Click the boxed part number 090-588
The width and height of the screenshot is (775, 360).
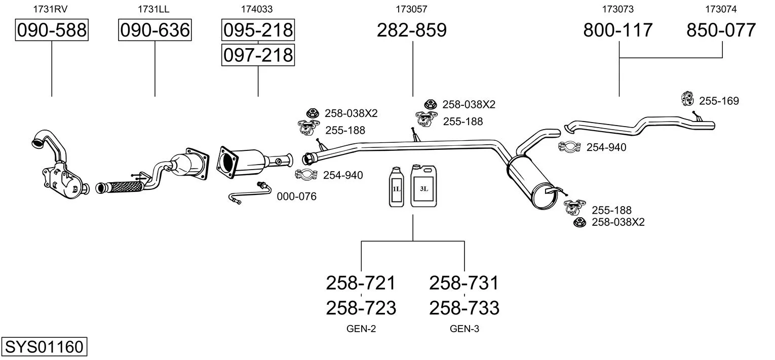52,30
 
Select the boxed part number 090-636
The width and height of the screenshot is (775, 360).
154,30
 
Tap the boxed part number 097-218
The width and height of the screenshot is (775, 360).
258,55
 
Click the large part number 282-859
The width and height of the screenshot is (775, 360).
412,30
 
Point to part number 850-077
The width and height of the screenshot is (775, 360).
721,30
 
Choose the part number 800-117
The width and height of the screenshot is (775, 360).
618,30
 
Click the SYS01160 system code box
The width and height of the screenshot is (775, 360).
44,347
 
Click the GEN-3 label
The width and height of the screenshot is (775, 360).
464,329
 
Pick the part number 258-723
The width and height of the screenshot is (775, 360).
361,307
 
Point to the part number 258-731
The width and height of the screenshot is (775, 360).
464,283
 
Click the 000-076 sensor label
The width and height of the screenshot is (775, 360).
296,196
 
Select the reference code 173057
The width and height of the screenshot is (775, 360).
411,9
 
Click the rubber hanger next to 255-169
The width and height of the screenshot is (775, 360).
688,99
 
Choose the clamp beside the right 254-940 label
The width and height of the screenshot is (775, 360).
570,147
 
